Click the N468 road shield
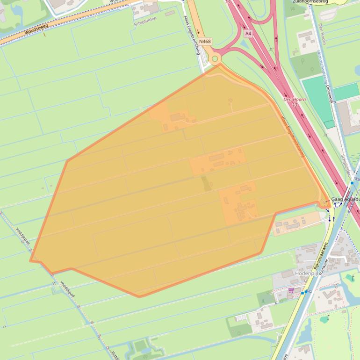[205, 42]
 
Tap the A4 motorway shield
[248, 33]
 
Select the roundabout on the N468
[215, 59]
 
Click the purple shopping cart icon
[291, 290]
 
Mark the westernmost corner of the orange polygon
[30, 260]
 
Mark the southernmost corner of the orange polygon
[139, 296]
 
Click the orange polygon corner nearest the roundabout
[218, 65]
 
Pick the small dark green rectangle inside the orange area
[206, 183]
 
